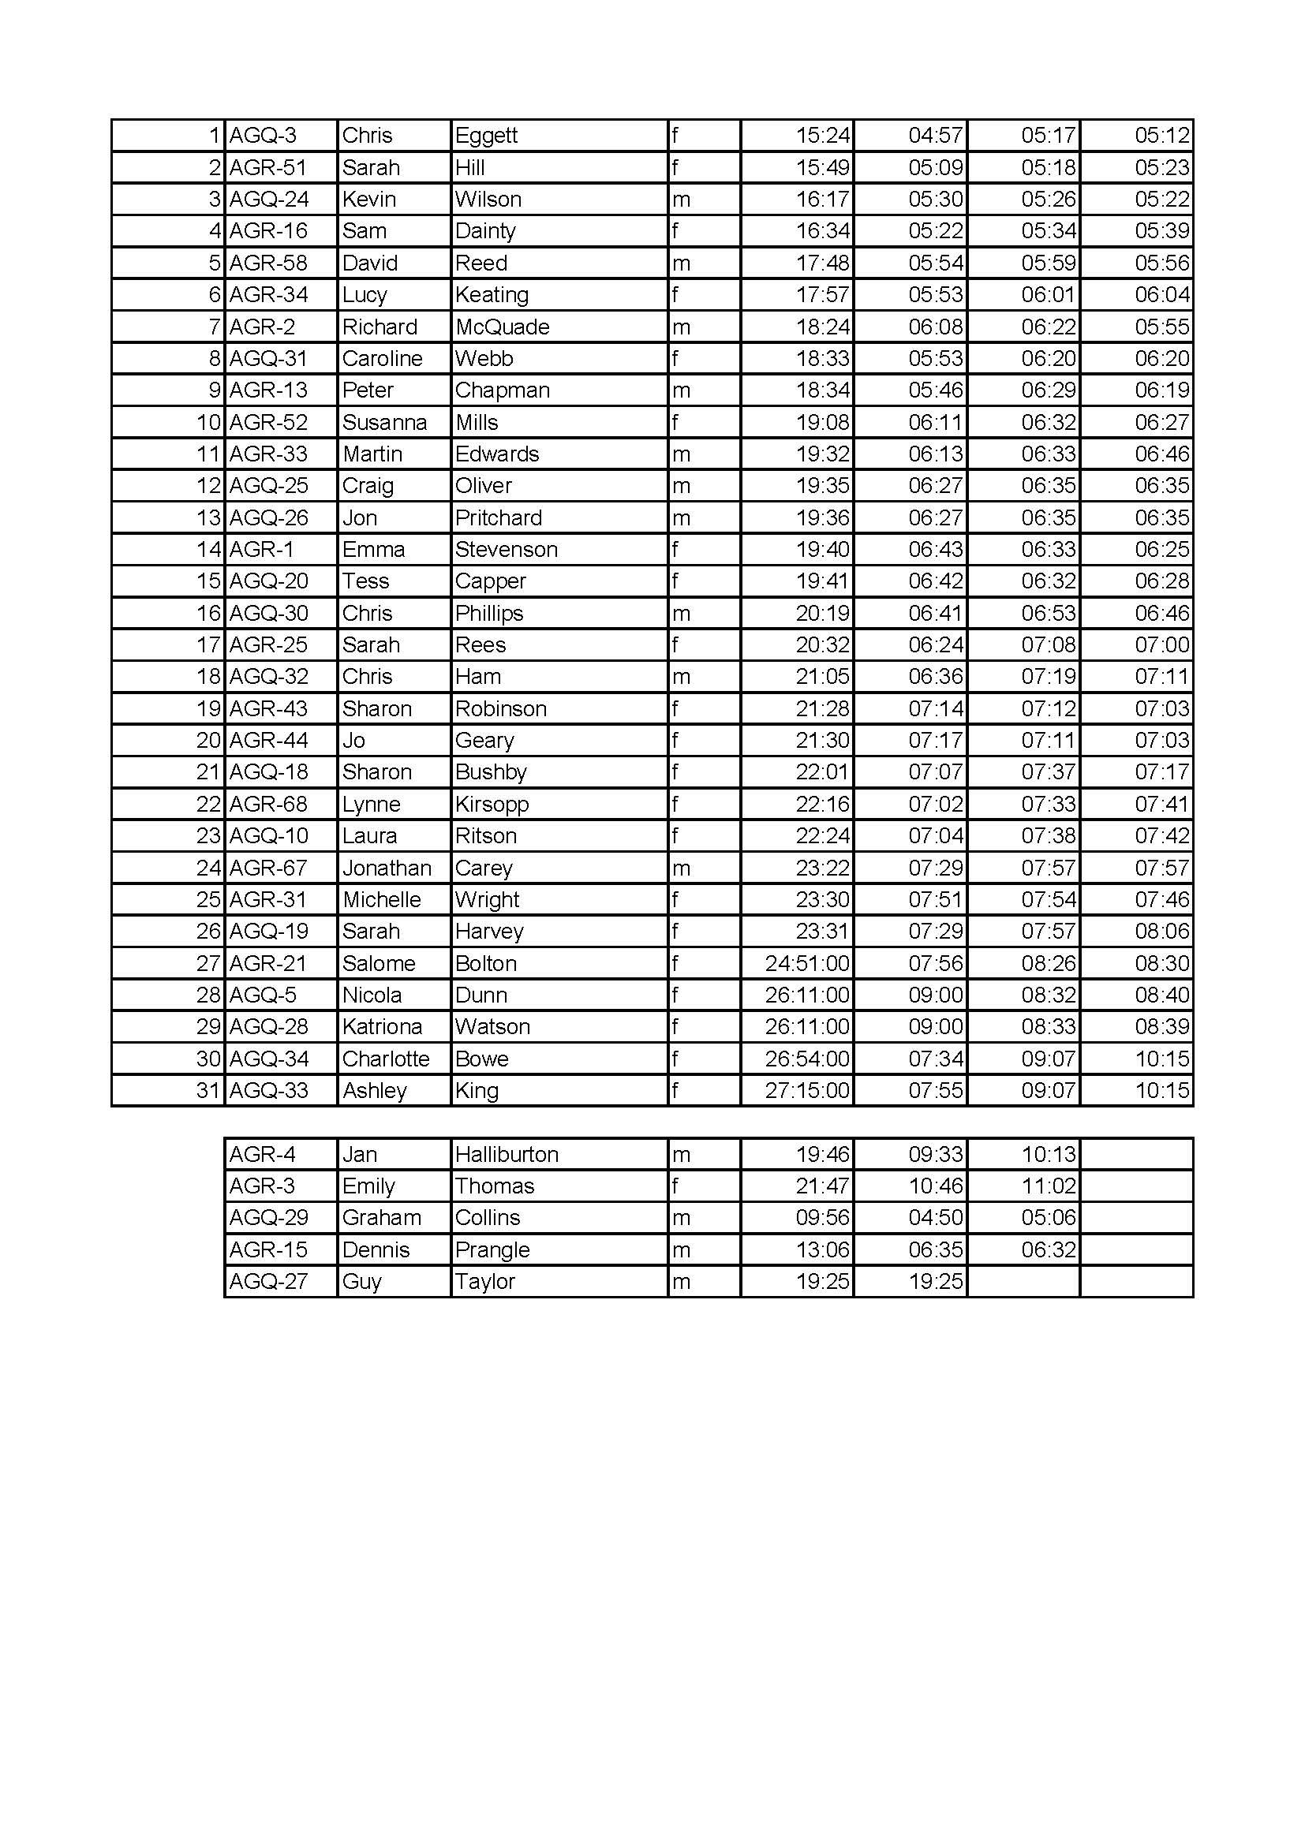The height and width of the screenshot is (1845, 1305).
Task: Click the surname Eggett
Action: coord(486,136)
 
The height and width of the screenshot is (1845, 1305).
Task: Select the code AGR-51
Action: coord(268,168)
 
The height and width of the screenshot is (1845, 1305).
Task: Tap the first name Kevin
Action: coord(368,200)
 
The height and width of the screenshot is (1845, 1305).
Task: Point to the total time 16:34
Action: coord(822,231)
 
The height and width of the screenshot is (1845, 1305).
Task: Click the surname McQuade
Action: coord(503,327)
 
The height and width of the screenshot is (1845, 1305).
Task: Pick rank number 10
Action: coord(208,423)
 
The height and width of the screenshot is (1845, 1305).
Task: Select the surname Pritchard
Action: coord(498,518)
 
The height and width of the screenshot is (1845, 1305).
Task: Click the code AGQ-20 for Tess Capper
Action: coord(268,582)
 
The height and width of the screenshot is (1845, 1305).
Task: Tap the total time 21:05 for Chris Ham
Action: coord(822,678)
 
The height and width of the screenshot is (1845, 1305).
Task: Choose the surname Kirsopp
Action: coord(492,805)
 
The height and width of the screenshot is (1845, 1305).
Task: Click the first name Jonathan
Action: coord(387,868)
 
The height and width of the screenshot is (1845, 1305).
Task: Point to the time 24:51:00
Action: coord(807,963)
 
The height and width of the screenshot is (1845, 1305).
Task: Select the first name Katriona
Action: coord(382,1027)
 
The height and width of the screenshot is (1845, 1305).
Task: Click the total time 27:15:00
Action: coord(807,1090)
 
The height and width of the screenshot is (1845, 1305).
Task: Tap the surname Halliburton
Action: coord(507,1155)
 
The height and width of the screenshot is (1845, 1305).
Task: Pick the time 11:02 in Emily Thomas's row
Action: coord(1048,1187)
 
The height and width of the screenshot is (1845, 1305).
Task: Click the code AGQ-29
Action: coord(268,1218)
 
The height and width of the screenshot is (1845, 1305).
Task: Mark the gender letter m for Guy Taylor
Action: coord(681,1282)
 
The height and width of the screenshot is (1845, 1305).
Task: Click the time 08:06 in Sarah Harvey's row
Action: coord(1161,932)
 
